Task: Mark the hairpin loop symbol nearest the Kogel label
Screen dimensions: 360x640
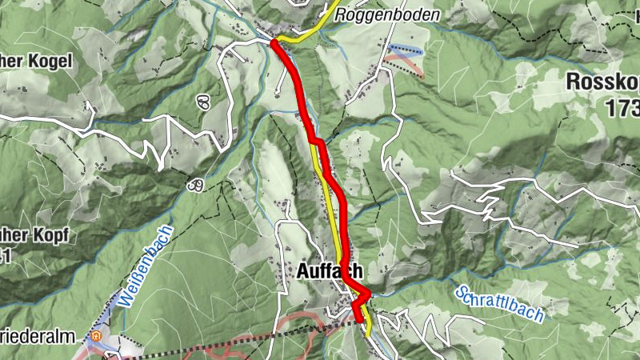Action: tap(202, 102)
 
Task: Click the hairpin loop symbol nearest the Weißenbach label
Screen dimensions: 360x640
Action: tap(194, 185)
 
